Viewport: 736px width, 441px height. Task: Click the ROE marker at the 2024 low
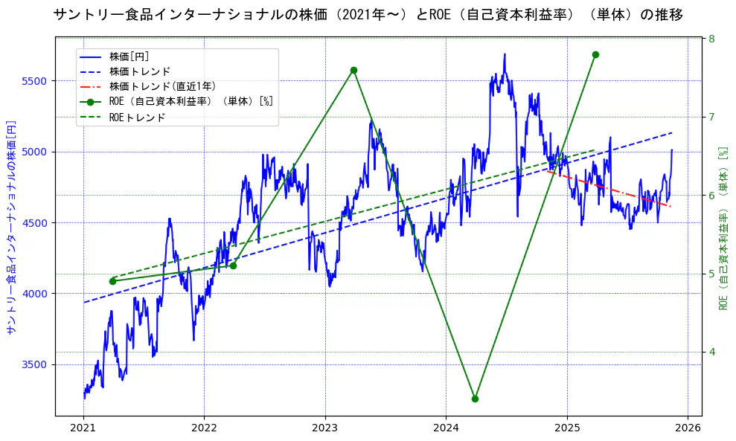click(475, 399)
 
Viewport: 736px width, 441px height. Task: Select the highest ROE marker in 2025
click(595, 54)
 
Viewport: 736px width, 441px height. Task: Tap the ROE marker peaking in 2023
click(353, 70)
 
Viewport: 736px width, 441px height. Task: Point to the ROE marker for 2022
click(233, 265)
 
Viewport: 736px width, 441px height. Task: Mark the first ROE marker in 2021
click(112, 281)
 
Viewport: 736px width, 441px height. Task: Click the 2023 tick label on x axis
click(324, 428)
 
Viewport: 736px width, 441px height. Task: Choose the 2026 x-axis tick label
click(688, 428)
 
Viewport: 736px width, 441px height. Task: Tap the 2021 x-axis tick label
click(83, 428)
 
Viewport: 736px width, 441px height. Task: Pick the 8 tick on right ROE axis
click(711, 39)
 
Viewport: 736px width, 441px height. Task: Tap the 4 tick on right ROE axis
click(711, 352)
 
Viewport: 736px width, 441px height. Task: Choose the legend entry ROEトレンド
click(137, 117)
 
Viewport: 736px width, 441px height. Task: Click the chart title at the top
click(368, 15)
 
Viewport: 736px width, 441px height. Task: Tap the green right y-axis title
click(723, 227)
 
